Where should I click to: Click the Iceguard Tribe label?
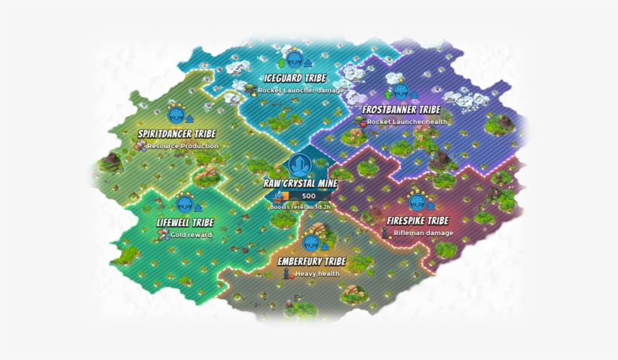click(295, 78)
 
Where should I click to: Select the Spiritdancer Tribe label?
click(171, 134)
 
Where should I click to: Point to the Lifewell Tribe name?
click(185, 223)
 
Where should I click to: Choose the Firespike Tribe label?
click(418, 221)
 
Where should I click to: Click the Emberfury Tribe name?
click(311, 261)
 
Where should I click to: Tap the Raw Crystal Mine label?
click(301, 183)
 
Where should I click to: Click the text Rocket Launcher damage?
click(301, 90)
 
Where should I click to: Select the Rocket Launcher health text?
click(407, 121)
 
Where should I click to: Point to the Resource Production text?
click(182, 145)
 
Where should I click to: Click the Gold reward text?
click(191, 234)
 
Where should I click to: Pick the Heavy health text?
click(317, 273)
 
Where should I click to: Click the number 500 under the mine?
click(308, 197)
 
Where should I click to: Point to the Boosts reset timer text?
click(299, 206)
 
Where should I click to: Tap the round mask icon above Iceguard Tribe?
click(294, 61)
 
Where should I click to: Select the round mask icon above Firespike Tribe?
click(416, 204)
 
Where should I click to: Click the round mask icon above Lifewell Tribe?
click(184, 205)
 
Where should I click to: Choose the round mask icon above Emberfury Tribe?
click(310, 243)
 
